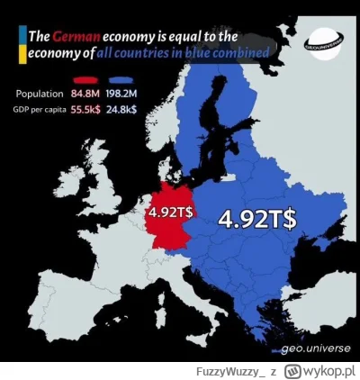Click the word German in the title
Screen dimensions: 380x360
75,37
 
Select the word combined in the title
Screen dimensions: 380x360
246,55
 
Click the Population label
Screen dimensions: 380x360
40,94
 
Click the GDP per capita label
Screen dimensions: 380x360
41,108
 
